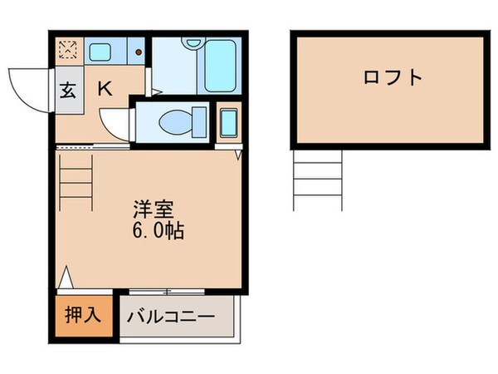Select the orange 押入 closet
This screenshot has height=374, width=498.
coord(83,315)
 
